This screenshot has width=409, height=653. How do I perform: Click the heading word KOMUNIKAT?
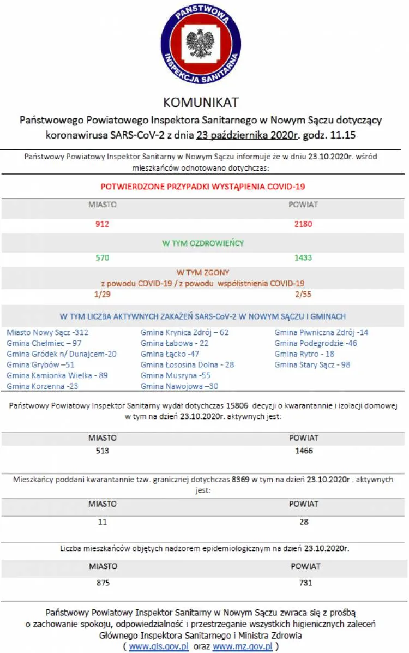(201, 102)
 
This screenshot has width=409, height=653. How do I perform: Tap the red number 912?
(103, 224)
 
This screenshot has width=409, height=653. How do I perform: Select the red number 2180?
(303, 224)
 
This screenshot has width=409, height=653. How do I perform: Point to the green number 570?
(103, 257)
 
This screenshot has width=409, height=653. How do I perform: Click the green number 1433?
(303, 257)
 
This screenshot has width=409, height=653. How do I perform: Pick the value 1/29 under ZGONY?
(103, 294)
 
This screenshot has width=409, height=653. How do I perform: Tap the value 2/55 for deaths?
(303, 294)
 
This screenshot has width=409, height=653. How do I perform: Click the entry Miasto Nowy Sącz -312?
(47, 332)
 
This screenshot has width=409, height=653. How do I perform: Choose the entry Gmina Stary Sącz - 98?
(312, 364)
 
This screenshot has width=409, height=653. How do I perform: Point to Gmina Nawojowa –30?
(179, 386)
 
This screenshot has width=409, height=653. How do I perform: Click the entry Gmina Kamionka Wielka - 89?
(57, 375)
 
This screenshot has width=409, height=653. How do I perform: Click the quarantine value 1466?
(304, 451)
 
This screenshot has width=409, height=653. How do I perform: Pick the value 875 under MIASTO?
(103, 583)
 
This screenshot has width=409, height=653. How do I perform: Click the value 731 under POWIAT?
(306, 583)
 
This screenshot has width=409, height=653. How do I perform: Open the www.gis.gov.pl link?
(159, 646)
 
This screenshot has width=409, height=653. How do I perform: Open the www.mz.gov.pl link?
(243, 646)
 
